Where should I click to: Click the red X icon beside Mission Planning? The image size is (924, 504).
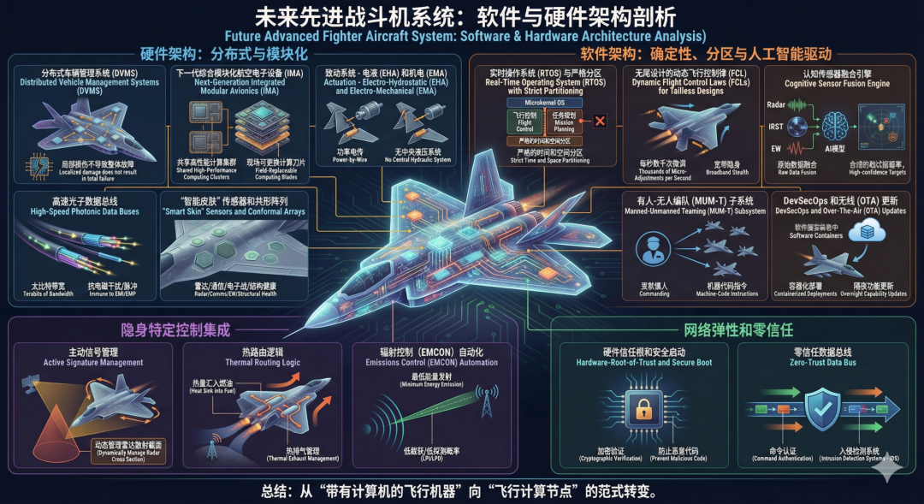600,120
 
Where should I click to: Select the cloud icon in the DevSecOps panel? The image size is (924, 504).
874,229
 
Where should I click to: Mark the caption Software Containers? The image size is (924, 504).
813,235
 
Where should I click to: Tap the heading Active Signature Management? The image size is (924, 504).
94,363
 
